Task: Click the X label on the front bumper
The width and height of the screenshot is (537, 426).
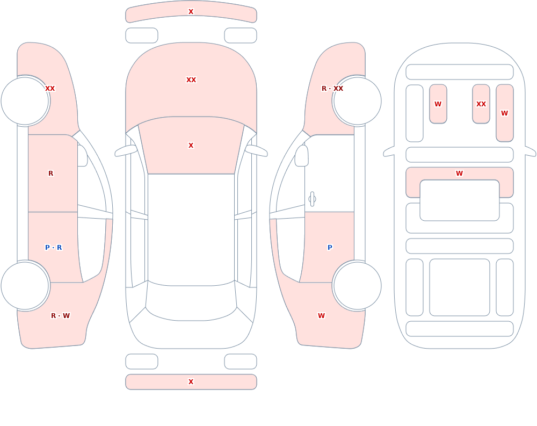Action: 191,12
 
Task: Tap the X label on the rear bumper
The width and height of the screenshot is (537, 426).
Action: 191,382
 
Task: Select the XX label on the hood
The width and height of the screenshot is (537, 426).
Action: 191,80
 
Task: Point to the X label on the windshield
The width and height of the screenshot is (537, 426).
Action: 191,146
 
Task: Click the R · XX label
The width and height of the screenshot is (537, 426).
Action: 332,89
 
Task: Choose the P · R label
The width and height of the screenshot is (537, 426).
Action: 53,248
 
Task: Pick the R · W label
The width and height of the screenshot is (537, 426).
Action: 60,316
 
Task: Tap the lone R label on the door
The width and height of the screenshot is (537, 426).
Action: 50,174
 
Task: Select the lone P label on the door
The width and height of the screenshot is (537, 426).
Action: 330,248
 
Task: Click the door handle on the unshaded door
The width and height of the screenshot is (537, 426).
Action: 312,199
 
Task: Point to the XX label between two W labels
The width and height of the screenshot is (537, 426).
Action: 481,104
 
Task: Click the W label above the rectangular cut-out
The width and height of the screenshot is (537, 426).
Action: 459,174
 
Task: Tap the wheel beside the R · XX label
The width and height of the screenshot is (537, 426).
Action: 357,101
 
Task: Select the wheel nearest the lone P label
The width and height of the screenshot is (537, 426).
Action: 357,286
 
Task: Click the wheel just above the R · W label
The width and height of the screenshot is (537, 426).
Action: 25,286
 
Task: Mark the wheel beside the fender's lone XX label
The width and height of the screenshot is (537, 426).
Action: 25,101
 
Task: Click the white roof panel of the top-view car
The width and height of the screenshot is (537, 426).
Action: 191,229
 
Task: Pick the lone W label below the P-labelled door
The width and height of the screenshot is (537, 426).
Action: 321,316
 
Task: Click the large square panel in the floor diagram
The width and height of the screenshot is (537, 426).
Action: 460,287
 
